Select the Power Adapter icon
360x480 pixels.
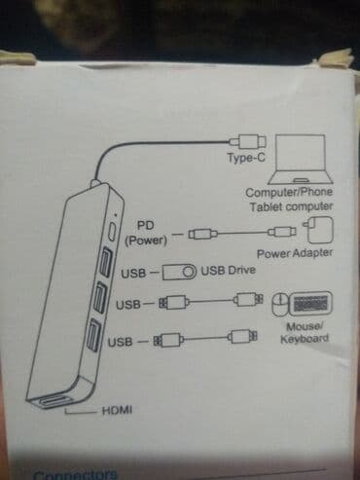click(319, 233)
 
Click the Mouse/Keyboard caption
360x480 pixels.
click(305, 333)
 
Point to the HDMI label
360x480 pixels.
click(116, 411)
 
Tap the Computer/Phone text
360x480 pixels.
click(289, 192)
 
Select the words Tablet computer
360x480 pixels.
click(290, 206)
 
